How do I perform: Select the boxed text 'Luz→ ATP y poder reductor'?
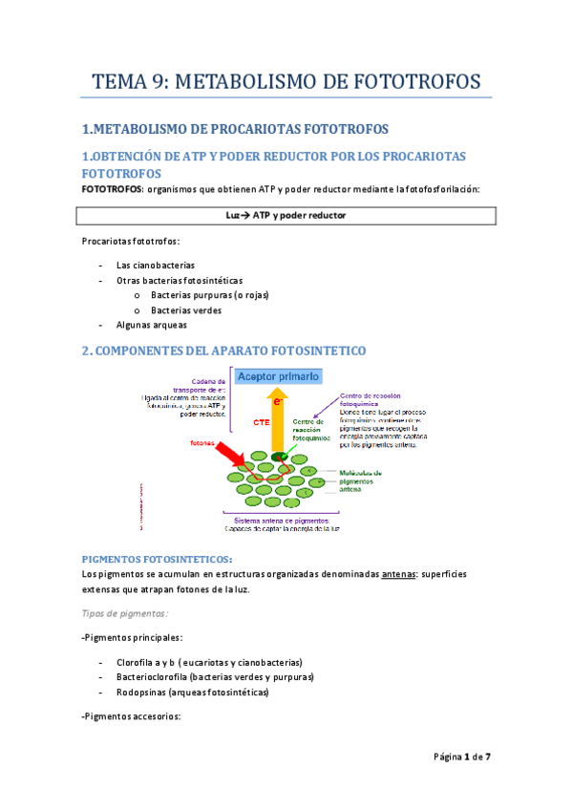point(286,216)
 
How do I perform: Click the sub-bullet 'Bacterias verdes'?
point(186,310)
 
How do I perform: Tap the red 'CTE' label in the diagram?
point(261,421)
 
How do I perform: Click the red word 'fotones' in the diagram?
point(203,443)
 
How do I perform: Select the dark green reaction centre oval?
point(279,457)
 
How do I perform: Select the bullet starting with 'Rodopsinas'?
point(192,693)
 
